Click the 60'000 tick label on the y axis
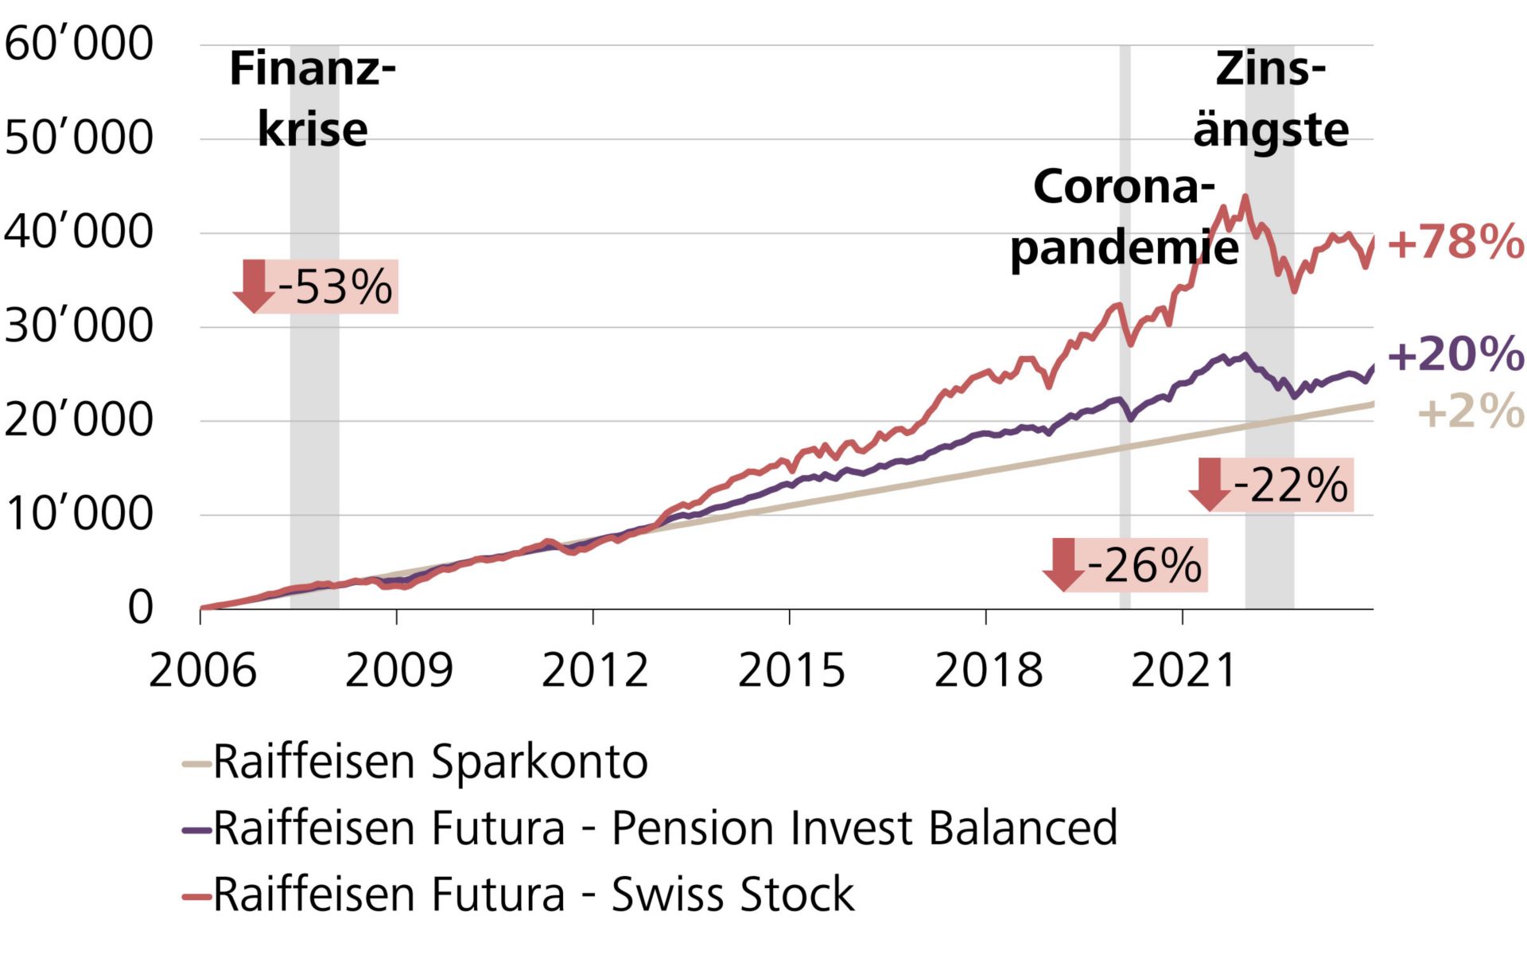point(78,44)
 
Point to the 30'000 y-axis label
point(78,325)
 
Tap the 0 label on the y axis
point(140,608)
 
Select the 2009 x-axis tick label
point(398,670)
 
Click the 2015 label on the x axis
point(791,670)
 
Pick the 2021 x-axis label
point(1183,670)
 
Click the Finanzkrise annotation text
point(313,99)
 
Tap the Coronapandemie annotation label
point(1124,216)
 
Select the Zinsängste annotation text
point(1270,99)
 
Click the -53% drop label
point(335,286)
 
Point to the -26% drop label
point(1144,565)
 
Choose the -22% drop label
point(1291,485)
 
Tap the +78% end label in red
point(1455,242)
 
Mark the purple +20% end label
point(1455,354)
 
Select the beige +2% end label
point(1471,412)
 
